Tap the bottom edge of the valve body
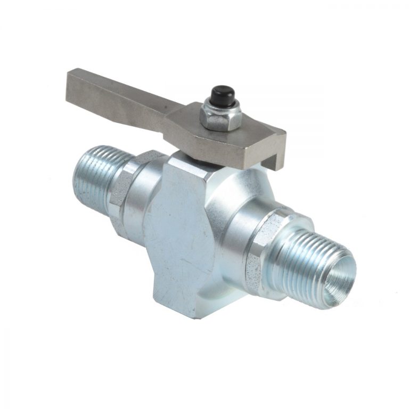(181, 312)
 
